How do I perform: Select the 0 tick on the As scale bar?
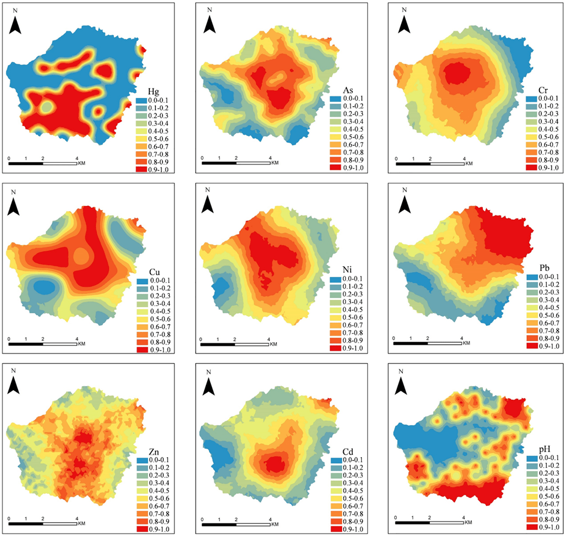pos(202,158)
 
